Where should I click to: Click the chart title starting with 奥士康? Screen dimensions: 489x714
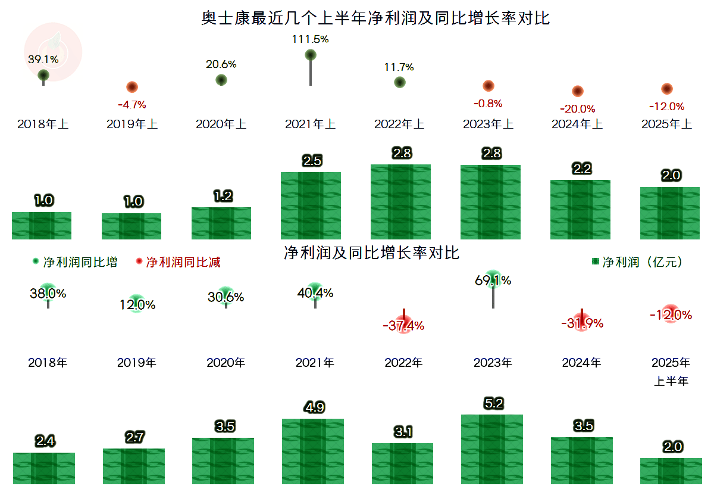click(375, 18)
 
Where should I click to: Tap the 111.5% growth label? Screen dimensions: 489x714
click(310, 39)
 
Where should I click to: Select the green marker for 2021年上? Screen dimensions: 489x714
click(310, 55)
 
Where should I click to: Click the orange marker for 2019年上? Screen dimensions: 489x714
click(132, 87)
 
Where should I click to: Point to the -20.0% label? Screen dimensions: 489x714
click(577, 109)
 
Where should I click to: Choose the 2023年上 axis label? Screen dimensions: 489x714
click(488, 124)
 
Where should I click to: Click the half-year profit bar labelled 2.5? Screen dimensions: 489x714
click(311, 205)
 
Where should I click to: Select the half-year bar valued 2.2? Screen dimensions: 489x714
click(580, 209)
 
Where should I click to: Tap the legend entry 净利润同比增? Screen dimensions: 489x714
click(75, 262)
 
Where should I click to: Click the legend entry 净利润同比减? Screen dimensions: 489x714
click(178, 262)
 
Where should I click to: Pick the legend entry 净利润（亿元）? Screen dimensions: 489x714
click(637, 262)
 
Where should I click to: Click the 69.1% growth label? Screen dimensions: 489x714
click(493, 280)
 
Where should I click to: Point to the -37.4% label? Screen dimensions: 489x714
click(403, 326)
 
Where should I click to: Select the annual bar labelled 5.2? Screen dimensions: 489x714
click(492, 449)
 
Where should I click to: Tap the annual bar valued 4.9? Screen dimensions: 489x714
click(313, 451)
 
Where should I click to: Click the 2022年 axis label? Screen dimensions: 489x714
click(403, 362)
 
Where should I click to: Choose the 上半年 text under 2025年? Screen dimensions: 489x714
click(671, 381)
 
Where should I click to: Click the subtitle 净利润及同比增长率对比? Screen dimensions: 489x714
click(372, 253)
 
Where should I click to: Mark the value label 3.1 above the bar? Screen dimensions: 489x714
click(403, 432)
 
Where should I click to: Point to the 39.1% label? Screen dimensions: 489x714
click(43, 60)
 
